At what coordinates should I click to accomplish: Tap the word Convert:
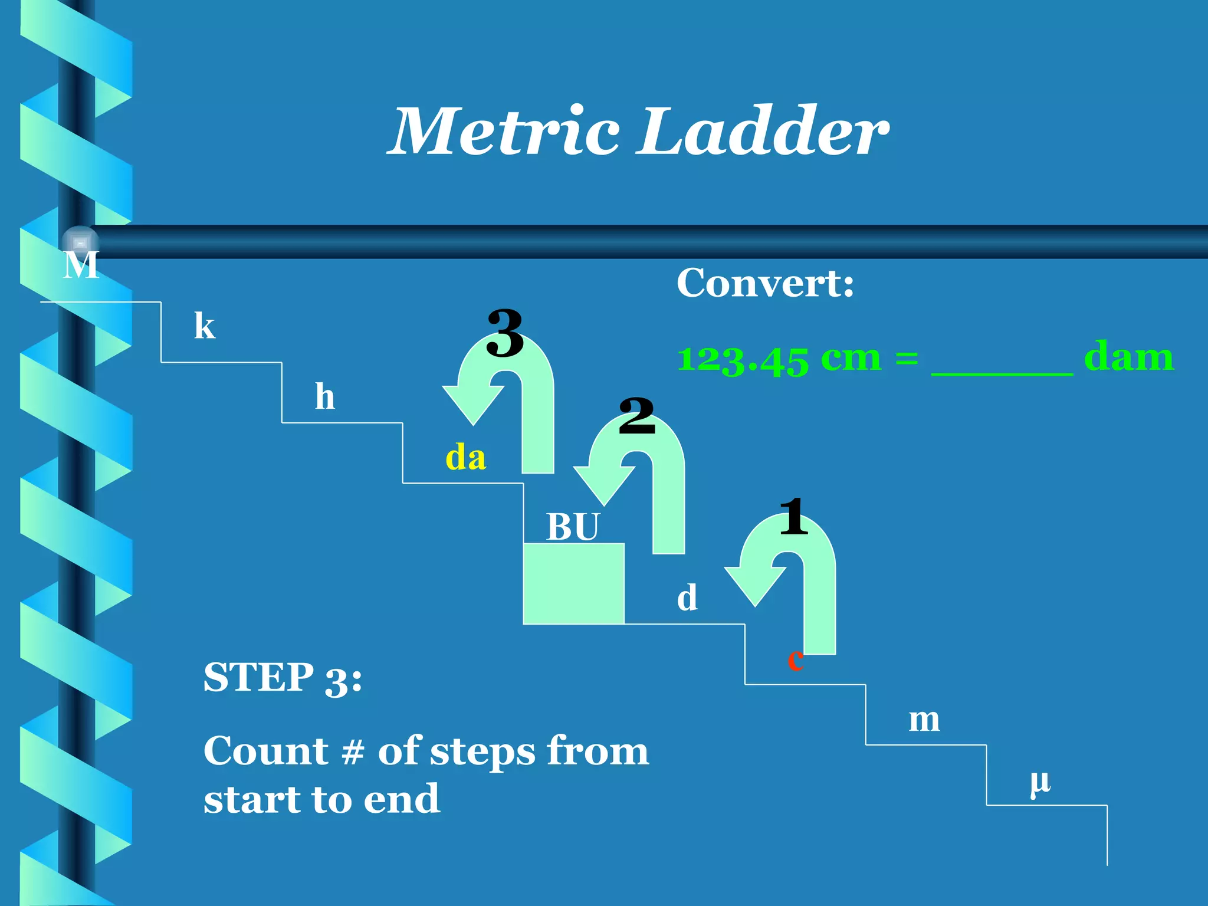[x=765, y=283]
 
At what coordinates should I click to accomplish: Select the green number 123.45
[x=743, y=359]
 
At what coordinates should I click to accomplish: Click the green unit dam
[x=1128, y=357]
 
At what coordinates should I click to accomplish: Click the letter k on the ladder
[x=205, y=326]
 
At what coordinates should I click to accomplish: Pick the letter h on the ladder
[x=325, y=396]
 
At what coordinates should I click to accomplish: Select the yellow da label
[x=465, y=458]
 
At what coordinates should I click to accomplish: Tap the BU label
[x=572, y=526]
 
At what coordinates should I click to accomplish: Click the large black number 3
[x=505, y=334]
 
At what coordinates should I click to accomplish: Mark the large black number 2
[x=637, y=416]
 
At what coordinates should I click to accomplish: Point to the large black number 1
[x=793, y=517]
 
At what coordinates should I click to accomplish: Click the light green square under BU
[x=573, y=583]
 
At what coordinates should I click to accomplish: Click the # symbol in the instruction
[x=353, y=753]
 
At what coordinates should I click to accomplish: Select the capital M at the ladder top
[x=81, y=265]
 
